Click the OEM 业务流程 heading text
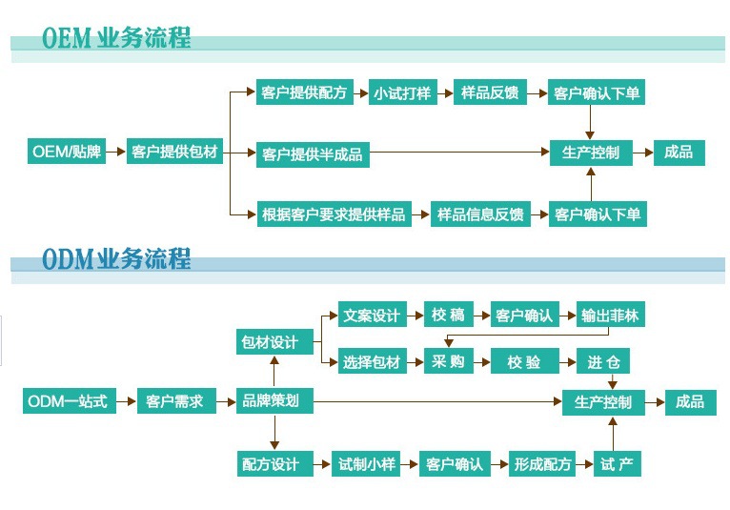[x=116, y=38]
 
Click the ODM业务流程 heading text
[x=116, y=258]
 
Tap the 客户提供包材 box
[x=174, y=151]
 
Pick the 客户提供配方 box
[x=304, y=92]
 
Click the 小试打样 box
[x=401, y=92]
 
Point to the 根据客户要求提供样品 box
[x=334, y=214]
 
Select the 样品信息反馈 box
[x=480, y=214]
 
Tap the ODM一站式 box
[x=69, y=401]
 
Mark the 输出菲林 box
[x=610, y=316]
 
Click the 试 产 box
[x=617, y=464]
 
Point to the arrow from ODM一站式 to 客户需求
[x=127, y=401]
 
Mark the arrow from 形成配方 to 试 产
[x=584, y=464]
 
